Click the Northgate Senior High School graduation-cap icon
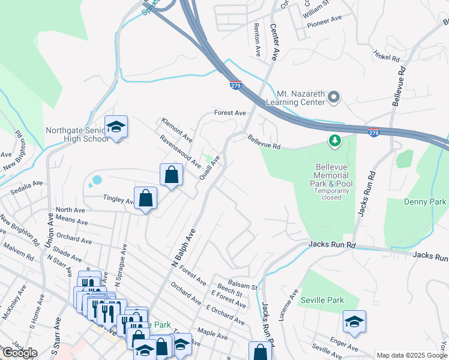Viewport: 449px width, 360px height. (116, 127)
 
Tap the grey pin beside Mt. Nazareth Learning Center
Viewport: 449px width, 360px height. (334, 96)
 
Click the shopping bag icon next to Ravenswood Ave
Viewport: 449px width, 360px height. (171, 175)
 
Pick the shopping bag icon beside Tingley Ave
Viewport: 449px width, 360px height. (145, 198)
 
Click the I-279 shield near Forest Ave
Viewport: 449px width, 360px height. (235, 86)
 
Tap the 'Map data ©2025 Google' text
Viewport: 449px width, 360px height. (412, 355)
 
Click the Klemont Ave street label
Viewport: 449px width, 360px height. (176, 127)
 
